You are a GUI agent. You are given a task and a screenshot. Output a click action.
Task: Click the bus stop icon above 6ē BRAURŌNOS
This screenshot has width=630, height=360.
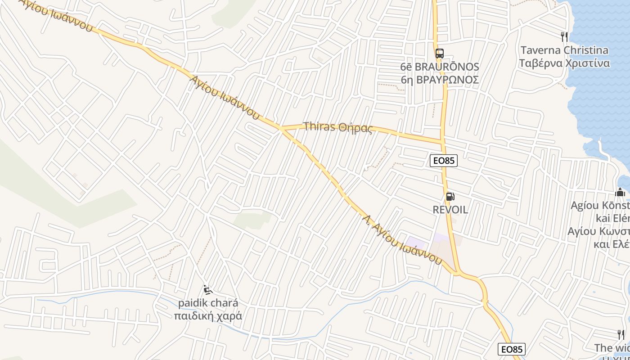[x=440, y=54]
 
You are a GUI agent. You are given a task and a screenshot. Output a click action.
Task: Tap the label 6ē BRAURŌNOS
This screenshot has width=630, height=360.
[x=440, y=67]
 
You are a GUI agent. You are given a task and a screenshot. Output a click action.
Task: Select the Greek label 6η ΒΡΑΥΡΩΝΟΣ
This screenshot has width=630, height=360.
[x=440, y=80]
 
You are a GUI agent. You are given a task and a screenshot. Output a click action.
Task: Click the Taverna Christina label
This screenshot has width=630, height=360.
[x=564, y=50]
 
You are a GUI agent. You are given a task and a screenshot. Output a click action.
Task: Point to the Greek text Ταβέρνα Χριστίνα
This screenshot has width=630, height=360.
[x=564, y=63]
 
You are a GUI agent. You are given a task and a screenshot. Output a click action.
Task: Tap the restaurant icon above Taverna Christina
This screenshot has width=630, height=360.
[x=564, y=36]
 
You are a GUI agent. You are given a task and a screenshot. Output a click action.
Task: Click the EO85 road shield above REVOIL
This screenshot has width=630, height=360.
[x=443, y=161]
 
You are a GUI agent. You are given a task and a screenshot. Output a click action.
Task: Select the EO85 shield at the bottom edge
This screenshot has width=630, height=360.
[x=512, y=349]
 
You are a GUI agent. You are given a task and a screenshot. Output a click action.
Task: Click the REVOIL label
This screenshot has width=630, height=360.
[x=450, y=210]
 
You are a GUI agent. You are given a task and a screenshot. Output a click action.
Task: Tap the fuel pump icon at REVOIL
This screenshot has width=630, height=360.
[x=450, y=197]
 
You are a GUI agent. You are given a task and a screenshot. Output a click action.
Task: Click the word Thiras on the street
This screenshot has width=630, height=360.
[x=319, y=126]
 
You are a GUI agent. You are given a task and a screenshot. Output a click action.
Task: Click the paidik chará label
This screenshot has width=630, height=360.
[x=208, y=303]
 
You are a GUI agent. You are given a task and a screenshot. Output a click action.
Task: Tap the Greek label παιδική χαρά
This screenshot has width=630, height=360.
[x=208, y=315]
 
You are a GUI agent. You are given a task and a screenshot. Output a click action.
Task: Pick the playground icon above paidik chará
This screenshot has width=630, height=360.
[x=207, y=290]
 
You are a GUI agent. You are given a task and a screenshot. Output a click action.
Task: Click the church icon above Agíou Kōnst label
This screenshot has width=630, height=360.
[x=620, y=193]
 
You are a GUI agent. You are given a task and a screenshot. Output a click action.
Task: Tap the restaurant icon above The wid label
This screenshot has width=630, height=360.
[x=621, y=334]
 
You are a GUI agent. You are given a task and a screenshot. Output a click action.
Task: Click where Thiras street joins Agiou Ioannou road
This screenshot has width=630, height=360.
[x=281, y=129]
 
